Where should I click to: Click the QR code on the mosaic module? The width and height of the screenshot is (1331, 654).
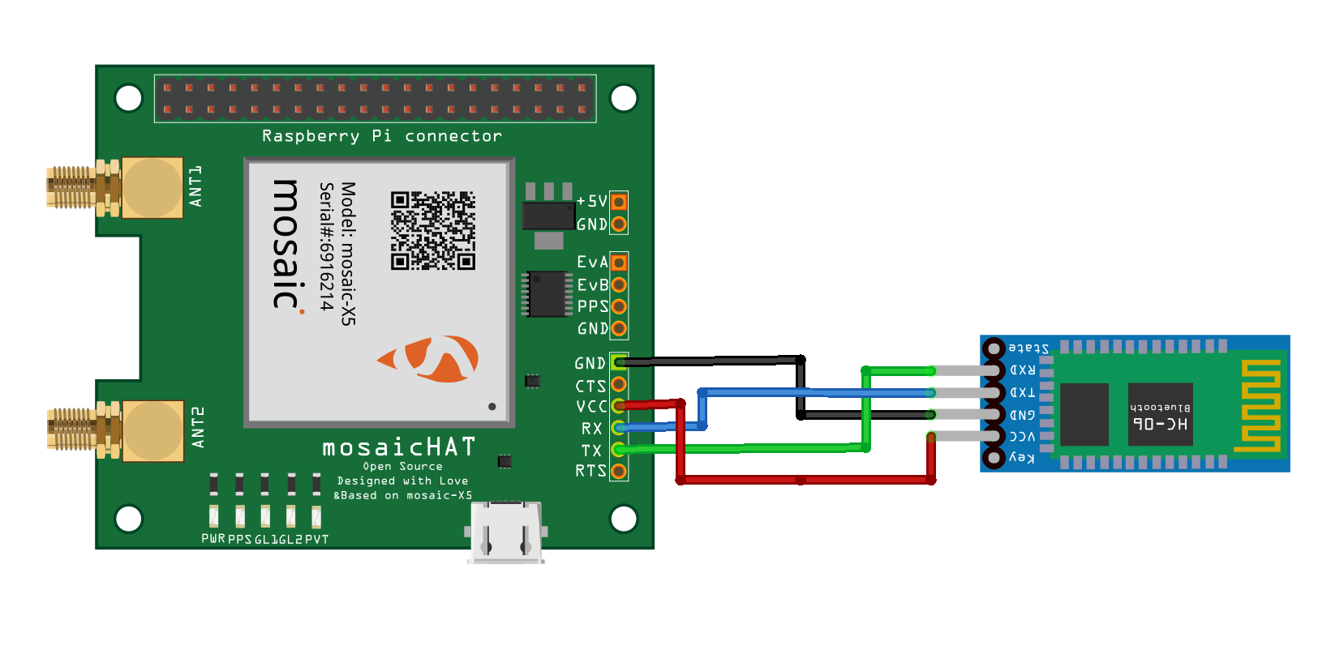click(x=432, y=230)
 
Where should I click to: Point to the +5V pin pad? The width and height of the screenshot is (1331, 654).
click(x=619, y=201)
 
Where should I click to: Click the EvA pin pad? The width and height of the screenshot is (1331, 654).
click(x=619, y=263)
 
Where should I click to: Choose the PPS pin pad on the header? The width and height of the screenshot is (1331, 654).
click(x=619, y=306)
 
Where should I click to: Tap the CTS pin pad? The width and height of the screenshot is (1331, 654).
click(x=619, y=384)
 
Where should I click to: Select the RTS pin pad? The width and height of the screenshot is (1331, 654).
click(x=619, y=471)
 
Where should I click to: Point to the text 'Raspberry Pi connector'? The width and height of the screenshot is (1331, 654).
click(x=381, y=136)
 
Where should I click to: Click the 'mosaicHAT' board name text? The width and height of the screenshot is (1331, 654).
click(x=398, y=447)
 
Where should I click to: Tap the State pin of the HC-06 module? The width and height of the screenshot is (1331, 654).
click(x=994, y=348)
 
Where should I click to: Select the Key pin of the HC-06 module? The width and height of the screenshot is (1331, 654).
click(x=994, y=458)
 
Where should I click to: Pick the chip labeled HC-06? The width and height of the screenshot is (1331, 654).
click(x=1160, y=414)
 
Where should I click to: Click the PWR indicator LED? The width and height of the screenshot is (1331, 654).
click(x=213, y=516)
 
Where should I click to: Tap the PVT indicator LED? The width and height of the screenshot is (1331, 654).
click(x=316, y=516)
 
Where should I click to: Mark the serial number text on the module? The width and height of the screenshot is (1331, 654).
click(x=326, y=246)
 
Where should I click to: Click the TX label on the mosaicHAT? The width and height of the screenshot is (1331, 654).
click(x=591, y=451)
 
